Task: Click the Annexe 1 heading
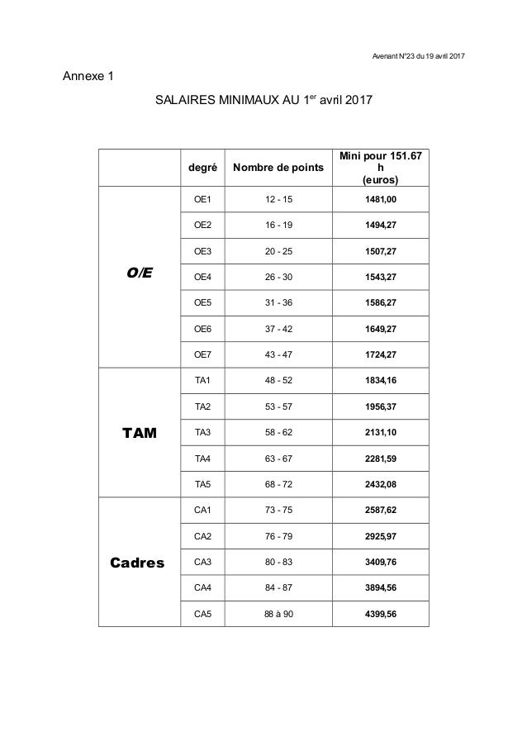88,78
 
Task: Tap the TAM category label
140,432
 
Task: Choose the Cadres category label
140,563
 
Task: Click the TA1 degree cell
202,380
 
